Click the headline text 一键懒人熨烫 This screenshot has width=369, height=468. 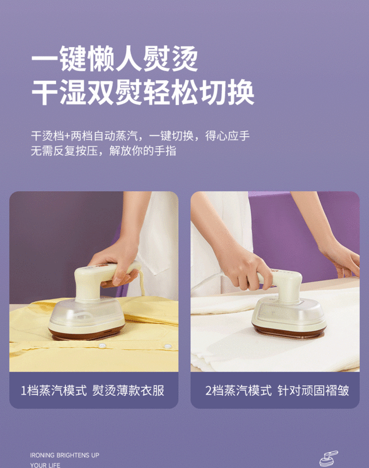tap(115, 59)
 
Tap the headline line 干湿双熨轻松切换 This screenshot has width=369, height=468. tap(143, 92)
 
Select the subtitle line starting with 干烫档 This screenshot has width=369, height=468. tap(140, 136)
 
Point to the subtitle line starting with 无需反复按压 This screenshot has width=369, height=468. tap(103, 150)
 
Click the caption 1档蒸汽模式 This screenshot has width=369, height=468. tap(54, 390)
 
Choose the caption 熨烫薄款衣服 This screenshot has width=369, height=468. tap(128, 390)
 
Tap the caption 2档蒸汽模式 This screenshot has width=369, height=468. tap(239, 390)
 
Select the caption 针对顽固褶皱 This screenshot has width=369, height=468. tap(313, 390)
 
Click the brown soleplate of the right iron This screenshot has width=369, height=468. tap(289, 331)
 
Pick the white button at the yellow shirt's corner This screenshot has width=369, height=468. tap(167, 347)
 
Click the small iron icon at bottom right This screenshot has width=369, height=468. tap(329, 459)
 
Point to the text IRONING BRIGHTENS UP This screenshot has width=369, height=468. tap(64, 455)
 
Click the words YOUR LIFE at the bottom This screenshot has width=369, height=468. tap(45, 465)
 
